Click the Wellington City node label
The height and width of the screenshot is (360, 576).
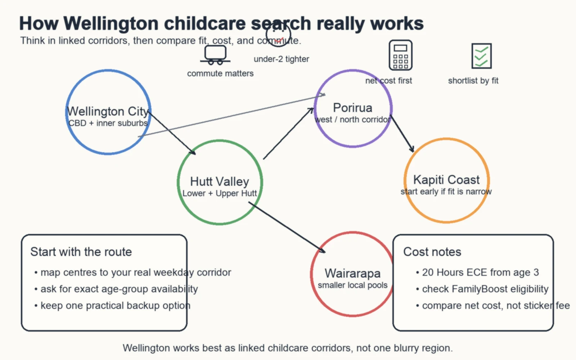coord(108,111)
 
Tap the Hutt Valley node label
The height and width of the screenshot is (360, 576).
coord(220,181)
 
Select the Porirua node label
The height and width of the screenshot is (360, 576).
coord(352,108)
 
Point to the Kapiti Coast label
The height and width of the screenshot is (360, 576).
coord(446,180)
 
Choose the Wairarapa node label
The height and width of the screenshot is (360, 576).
coord(352,273)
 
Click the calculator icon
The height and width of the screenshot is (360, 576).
coord(400,55)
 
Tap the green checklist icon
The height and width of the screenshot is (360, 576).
coord(481,56)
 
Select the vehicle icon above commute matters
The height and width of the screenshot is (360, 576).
coord(215,55)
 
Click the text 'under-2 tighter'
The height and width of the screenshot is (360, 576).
coord(281,59)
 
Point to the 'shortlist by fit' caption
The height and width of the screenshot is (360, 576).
coord(473,81)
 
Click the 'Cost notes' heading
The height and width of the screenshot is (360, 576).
coord(432,252)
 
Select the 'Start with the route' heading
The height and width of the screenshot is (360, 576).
coord(81,252)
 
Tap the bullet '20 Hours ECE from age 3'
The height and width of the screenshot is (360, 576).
coord(480,272)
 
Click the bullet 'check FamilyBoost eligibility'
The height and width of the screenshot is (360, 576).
coord(485,289)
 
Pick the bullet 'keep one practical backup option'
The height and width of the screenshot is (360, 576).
coord(115,305)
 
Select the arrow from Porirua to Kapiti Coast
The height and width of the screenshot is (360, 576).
coord(402,134)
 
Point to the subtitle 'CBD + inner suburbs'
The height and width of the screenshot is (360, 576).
coord(108,123)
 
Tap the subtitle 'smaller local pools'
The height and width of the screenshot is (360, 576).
coord(352,285)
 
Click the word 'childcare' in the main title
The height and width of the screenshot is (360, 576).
coord(205,23)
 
